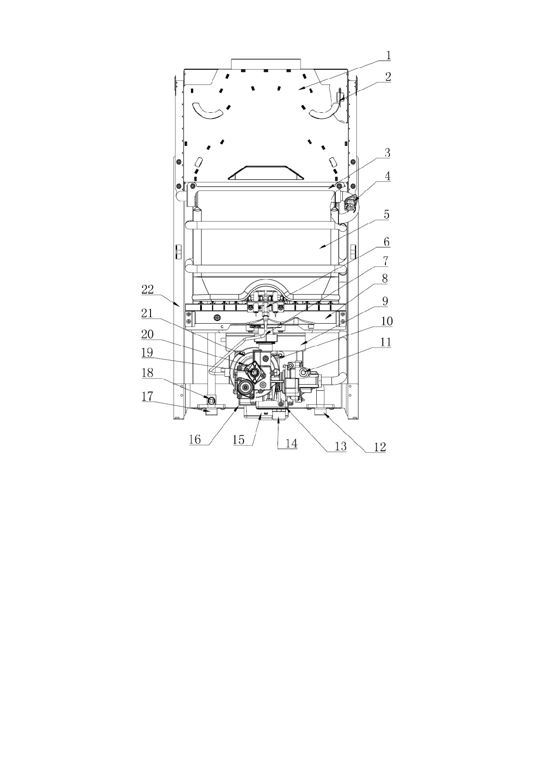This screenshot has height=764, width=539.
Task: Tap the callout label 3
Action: click(x=387, y=153)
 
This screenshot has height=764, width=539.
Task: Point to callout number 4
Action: click(x=387, y=176)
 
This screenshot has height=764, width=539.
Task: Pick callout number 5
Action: click(x=386, y=215)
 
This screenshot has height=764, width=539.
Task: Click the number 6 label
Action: click(x=386, y=242)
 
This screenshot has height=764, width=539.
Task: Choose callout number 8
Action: click(x=385, y=278)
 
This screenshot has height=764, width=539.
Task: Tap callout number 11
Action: click(x=385, y=342)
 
